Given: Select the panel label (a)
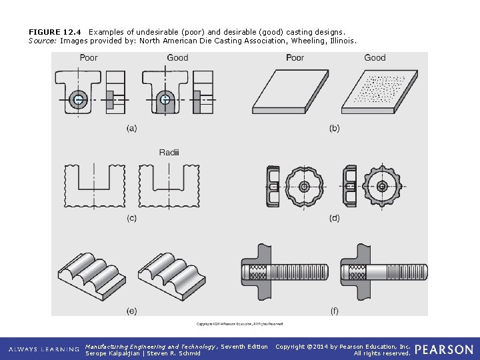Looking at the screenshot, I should click(x=131, y=128).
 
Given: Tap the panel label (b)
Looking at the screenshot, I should click(x=334, y=128).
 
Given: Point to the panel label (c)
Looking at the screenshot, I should click(x=131, y=218).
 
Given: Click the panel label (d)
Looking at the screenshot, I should click(x=334, y=218).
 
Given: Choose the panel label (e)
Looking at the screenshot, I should click(x=131, y=310).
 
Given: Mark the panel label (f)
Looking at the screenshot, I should click(x=334, y=310).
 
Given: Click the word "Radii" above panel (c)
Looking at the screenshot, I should click(x=169, y=153).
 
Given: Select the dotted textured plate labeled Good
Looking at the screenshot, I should click(x=375, y=91).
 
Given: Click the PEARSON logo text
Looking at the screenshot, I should click(x=444, y=349).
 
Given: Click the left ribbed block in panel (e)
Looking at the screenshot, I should click(x=93, y=273).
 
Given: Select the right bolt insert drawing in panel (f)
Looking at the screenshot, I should click(x=381, y=272).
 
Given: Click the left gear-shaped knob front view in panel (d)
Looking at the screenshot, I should click(x=303, y=186).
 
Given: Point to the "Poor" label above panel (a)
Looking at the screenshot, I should click(x=89, y=58).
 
